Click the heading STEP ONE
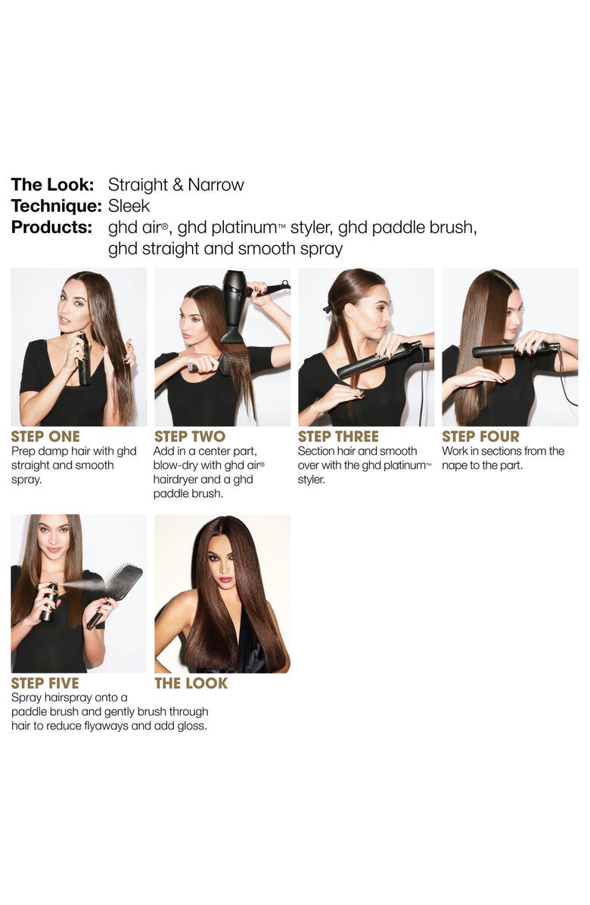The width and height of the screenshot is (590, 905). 45,437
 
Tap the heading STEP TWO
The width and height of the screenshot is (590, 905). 190,437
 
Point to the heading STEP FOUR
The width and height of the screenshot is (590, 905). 480,437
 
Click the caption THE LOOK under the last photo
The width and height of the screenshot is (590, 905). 191,684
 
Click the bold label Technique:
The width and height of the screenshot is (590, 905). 56,206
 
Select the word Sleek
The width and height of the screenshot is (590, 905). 129,206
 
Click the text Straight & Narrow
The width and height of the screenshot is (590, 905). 176,185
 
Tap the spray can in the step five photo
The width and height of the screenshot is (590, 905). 51,602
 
